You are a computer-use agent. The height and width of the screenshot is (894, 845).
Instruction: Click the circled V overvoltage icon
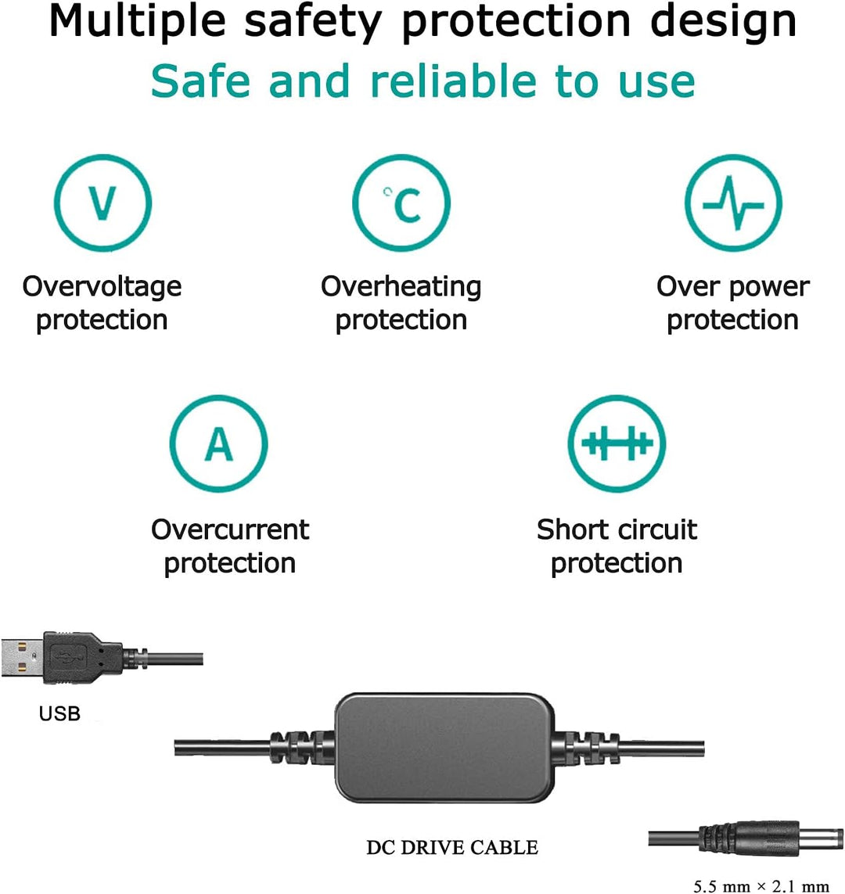102,203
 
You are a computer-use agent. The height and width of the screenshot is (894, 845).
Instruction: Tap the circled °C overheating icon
401,203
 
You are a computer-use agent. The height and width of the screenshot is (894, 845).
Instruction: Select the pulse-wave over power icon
733,203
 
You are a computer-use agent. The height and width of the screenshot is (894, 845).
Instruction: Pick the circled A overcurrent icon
219,444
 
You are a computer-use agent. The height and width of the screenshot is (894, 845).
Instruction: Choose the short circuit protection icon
617,444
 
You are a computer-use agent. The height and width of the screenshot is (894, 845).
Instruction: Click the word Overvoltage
102,286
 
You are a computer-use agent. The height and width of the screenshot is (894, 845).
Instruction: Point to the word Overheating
401,286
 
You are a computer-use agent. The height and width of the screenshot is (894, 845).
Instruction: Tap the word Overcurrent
230,530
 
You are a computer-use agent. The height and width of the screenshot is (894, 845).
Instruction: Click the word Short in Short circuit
570,530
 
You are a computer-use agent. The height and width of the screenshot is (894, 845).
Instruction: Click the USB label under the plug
59,713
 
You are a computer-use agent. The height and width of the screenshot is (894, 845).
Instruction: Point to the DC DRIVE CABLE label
452,847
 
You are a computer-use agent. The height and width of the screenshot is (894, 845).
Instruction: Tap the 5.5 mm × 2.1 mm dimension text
760,886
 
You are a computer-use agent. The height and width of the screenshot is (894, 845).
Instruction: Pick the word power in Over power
771,286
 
